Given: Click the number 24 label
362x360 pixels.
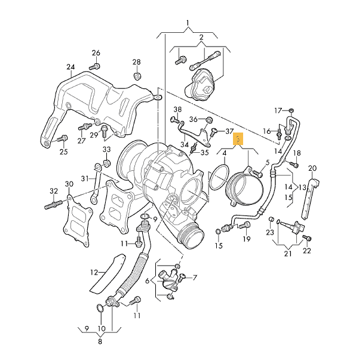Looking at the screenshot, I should (x=70, y=66).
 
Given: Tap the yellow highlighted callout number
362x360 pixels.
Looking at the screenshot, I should (x=238, y=140).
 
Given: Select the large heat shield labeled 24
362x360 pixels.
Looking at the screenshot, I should (x=96, y=101).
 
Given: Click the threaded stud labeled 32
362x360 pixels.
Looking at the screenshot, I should (x=53, y=204).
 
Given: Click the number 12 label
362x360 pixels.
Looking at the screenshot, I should (x=94, y=272).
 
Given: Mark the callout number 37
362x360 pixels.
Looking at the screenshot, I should (x=229, y=131).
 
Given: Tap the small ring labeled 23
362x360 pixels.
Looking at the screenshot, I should (x=271, y=219).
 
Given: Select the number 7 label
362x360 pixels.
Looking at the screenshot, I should (x=194, y=278).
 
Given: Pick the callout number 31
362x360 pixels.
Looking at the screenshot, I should (x=85, y=177).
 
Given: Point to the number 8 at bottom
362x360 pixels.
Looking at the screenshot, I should (x=100, y=342).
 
